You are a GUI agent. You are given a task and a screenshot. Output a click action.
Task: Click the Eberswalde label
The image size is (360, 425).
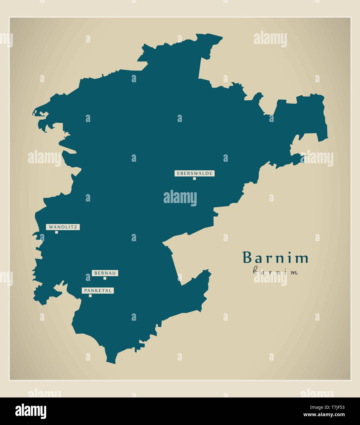coord(194,173)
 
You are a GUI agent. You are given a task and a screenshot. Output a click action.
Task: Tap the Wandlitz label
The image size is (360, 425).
coord(63,227)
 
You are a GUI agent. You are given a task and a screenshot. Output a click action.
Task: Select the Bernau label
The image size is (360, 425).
coord(105,273)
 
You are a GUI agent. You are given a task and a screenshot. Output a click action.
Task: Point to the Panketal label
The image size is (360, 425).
coord(98,290)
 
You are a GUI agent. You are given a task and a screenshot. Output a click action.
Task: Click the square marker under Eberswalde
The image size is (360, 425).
coord(194,179)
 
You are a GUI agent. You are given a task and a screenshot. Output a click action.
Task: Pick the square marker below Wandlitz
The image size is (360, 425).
coord(57,232)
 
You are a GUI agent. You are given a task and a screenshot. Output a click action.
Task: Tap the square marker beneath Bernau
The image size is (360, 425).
coord(105,278)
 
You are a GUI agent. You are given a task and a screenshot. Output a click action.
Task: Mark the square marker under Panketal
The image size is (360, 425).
coord(90,296)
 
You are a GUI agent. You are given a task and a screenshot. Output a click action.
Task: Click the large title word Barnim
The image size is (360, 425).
coord(275,258)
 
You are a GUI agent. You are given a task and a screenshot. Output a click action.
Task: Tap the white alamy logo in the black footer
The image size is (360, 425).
coord(31,411)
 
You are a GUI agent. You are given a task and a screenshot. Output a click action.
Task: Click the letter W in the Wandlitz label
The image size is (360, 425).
coord(50,227)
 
